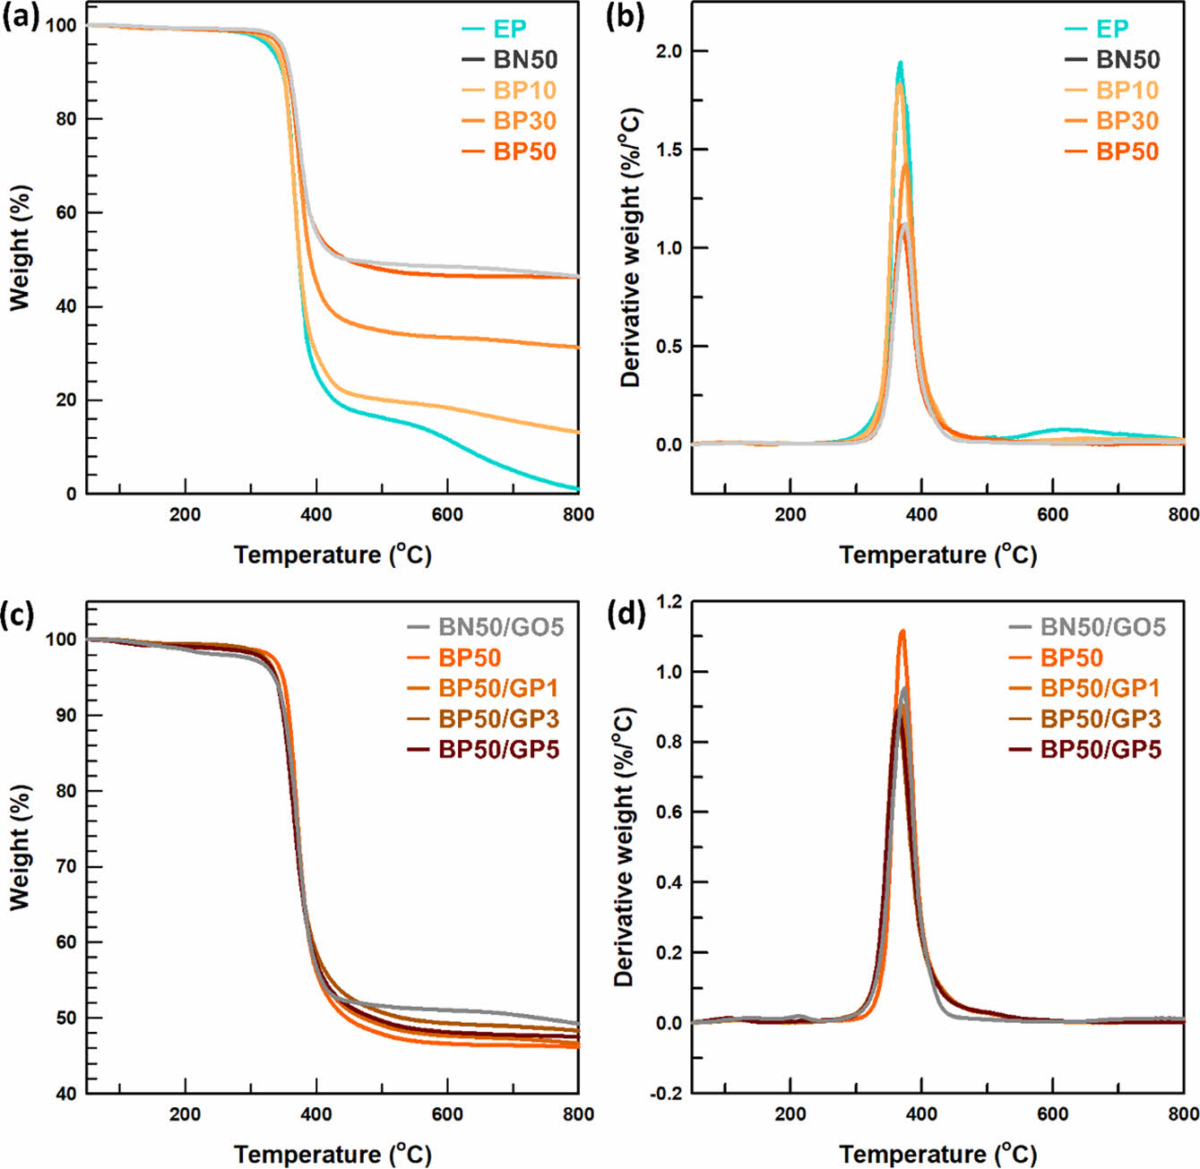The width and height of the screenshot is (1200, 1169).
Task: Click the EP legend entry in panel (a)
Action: point(509,30)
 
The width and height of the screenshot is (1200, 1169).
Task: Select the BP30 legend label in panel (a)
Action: point(524,121)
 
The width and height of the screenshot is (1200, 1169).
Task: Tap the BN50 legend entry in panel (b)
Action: point(1127,60)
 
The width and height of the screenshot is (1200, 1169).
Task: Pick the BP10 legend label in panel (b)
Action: point(1127,90)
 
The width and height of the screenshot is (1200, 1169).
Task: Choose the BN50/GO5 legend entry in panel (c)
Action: point(500,627)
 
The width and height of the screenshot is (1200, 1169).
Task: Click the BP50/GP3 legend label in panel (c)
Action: point(498,718)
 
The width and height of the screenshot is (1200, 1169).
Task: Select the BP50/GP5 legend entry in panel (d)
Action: point(1101,749)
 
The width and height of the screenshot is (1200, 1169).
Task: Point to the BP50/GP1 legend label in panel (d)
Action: point(1100,688)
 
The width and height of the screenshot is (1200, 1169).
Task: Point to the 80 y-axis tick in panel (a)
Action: point(65,119)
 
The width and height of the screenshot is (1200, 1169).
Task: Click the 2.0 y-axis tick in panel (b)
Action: point(669,51)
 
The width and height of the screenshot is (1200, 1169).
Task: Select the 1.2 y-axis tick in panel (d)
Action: point(669,602)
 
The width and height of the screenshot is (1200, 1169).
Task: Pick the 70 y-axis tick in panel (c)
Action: point(65,867)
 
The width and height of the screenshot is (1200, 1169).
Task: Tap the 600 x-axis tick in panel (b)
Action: point(1053,514)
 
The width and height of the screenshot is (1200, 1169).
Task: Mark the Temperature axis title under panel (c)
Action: point(332,1154)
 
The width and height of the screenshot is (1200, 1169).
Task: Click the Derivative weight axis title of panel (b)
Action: point(632,247)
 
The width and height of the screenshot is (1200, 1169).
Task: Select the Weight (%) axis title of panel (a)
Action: point(20,247)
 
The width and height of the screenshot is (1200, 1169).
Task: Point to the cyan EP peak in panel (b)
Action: point(900,63)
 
